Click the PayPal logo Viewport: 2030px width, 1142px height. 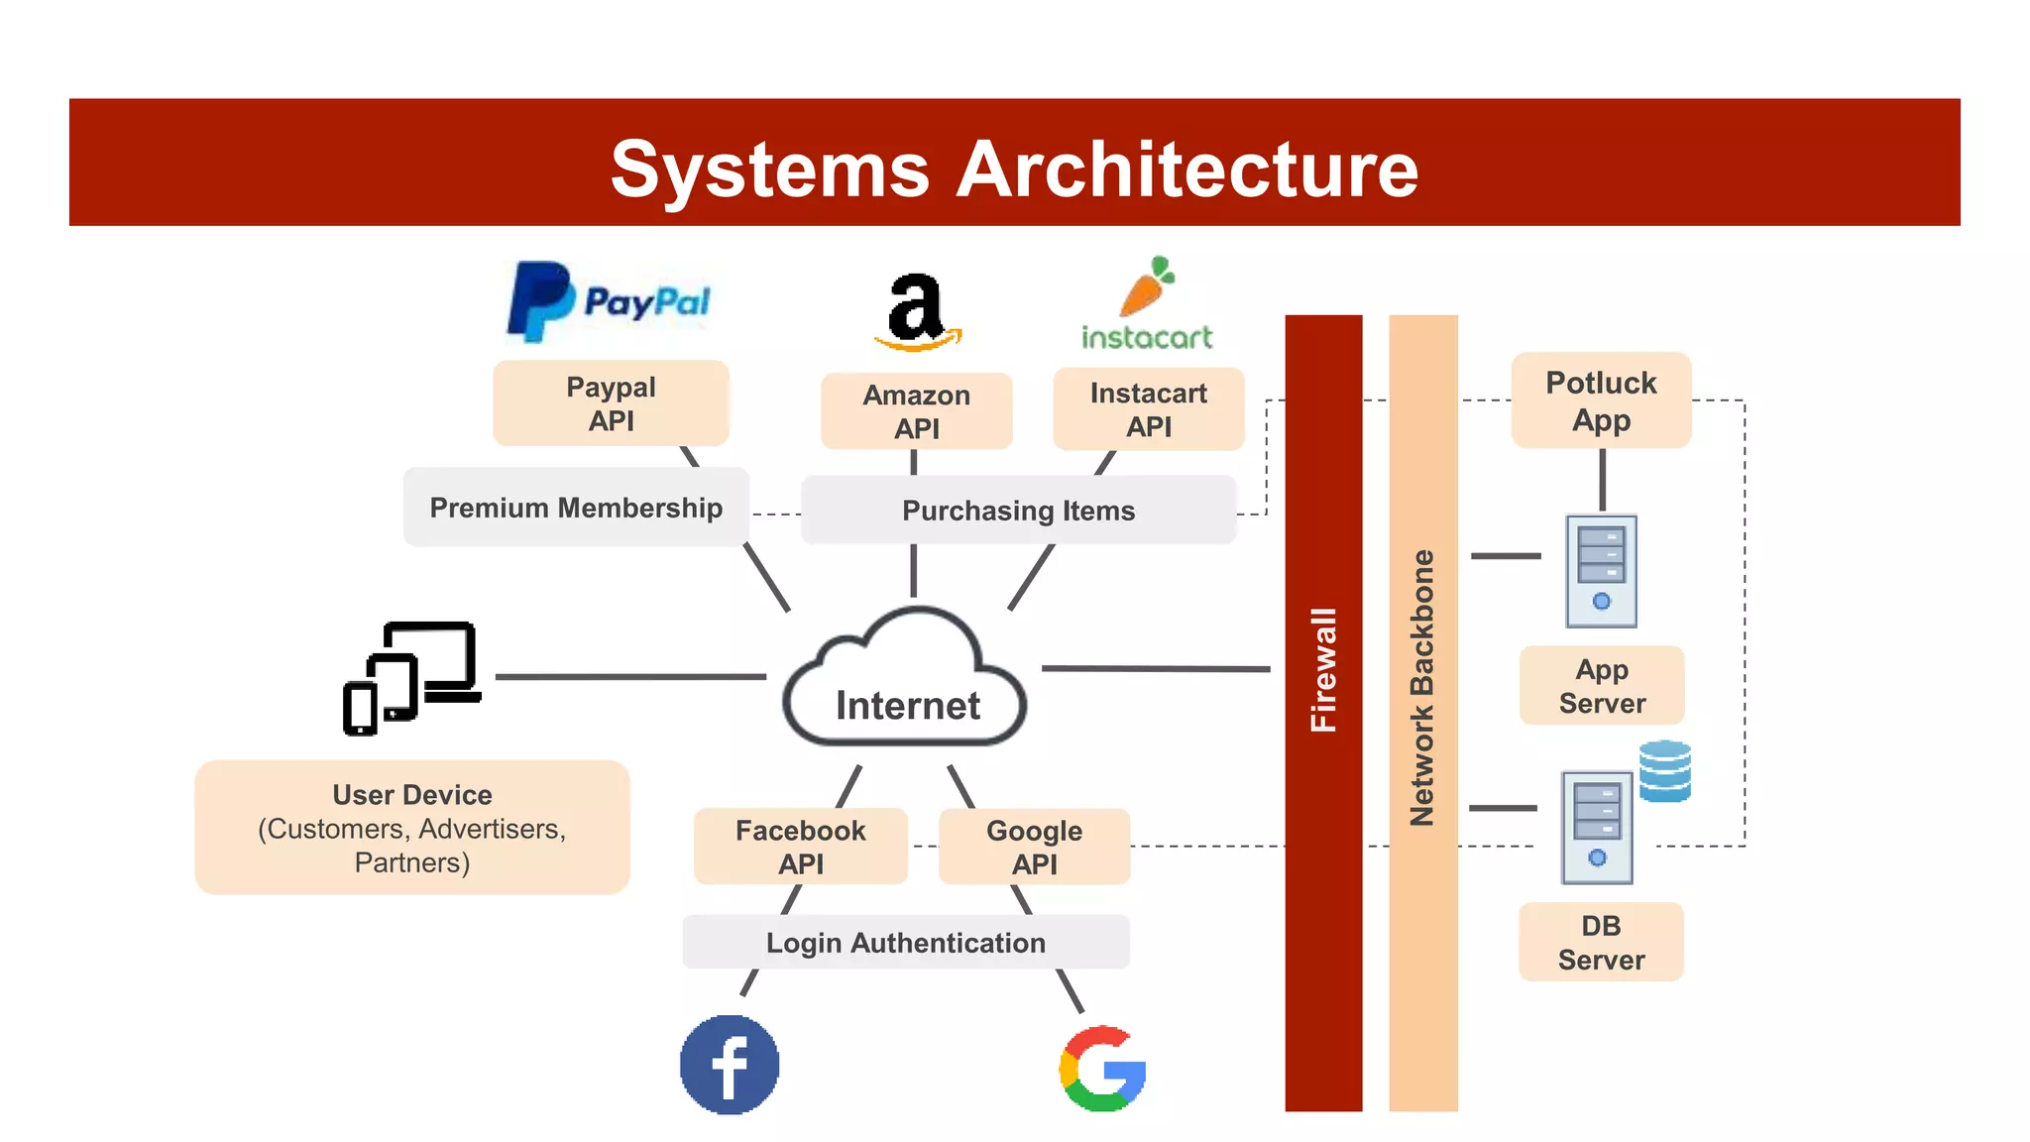[609, 302]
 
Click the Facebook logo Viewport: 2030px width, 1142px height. [730, 1065]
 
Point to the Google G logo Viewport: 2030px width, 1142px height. [1102, 1069]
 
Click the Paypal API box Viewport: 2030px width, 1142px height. [611, 403]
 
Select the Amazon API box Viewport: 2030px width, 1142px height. [917, 411]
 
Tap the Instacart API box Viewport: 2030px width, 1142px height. [1148, 409]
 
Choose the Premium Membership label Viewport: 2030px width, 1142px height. [576, 508]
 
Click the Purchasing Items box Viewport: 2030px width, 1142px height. [1018, 511]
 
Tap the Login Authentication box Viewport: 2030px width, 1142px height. [905, 942]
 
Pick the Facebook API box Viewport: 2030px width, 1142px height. [800, 847]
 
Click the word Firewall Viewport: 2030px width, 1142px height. [1323, 670]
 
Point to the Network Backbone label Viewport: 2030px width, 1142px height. [1422, 687]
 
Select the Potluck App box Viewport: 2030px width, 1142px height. [1601, 400]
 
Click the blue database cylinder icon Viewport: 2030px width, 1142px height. [1664, 771]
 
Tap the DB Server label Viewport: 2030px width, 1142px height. [1601, 942]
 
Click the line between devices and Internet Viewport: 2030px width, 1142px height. [630, 677]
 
